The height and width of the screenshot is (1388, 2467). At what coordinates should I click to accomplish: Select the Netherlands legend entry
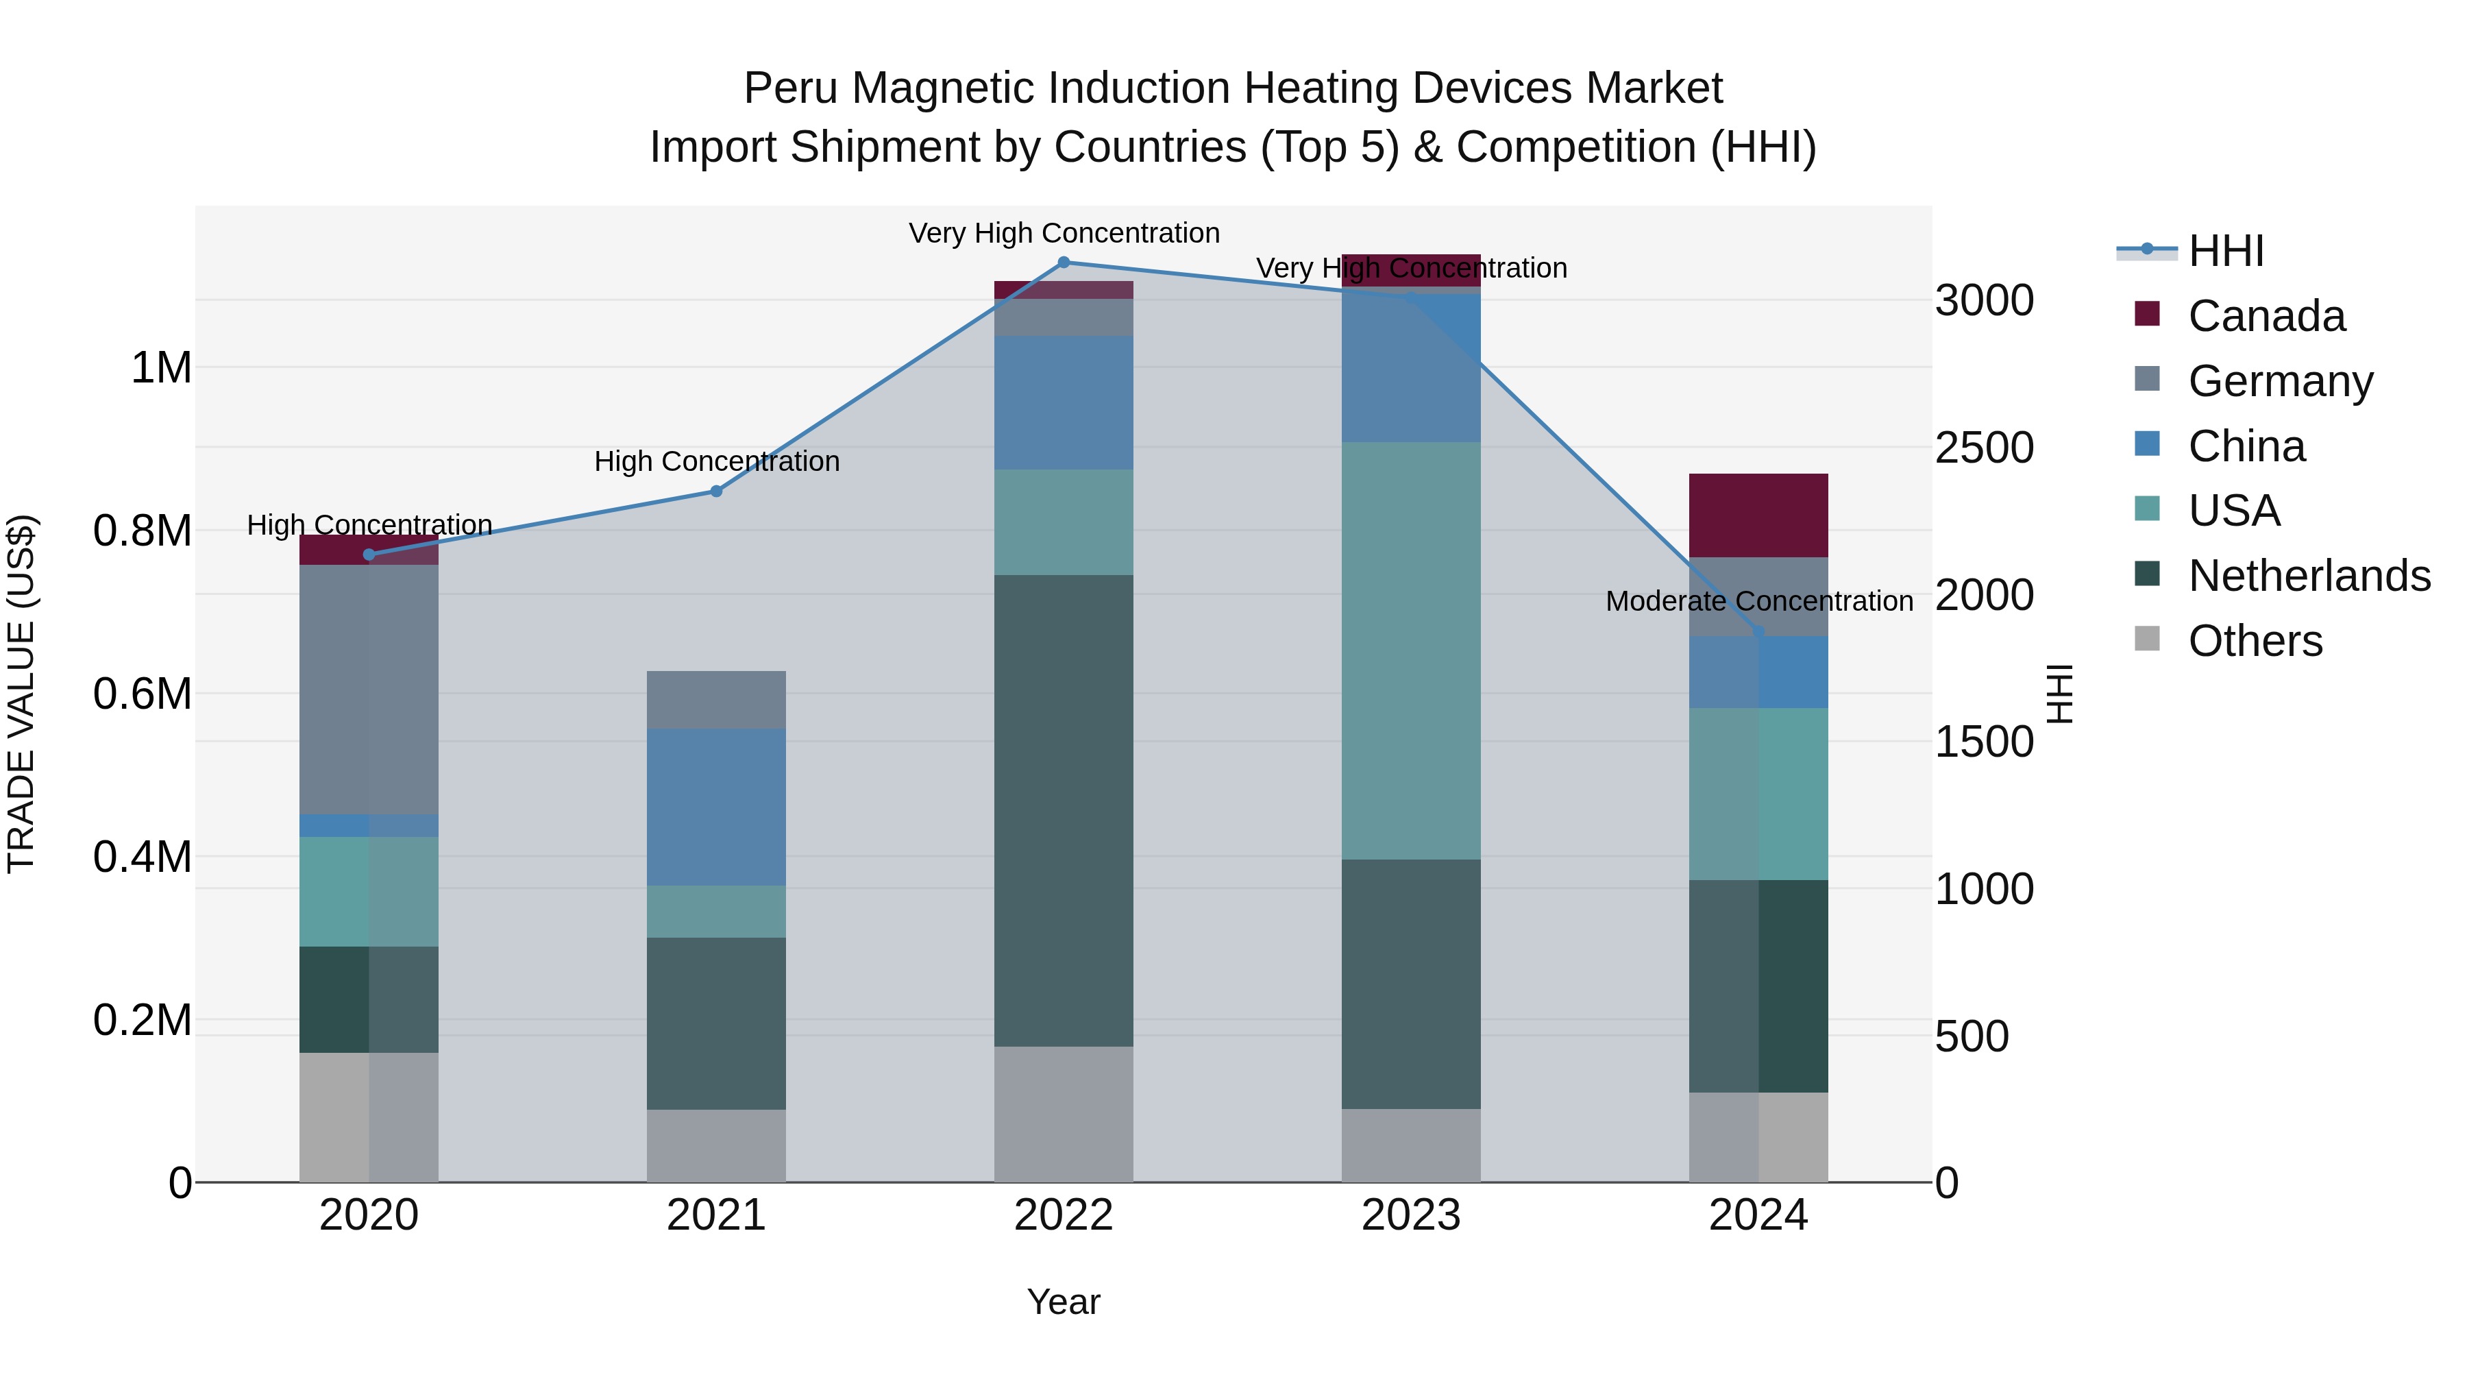[x=2308, y=576]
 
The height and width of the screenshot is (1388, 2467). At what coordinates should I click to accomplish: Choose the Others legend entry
[x=2255, y=641]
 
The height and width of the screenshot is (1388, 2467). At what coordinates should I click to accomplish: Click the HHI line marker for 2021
[x=716, y=491]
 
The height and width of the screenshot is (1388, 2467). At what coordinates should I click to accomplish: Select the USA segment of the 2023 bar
[x=1411, y=650]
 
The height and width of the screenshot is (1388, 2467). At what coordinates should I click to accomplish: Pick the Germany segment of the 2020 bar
[x=369, y=689]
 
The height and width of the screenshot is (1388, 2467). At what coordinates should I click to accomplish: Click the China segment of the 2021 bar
[x=716, y=807]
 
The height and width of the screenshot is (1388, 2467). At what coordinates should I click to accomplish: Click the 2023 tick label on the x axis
[x=1411, y=1215]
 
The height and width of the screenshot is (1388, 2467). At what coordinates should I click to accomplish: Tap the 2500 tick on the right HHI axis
[x=1985, y=448]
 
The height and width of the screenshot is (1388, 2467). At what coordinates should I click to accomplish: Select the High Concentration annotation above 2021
[x=716, y=462]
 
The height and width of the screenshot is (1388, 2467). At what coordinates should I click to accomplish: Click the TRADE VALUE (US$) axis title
[x=21, y=694]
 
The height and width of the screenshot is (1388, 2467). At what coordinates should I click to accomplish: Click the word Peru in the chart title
[x=790, y=88]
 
